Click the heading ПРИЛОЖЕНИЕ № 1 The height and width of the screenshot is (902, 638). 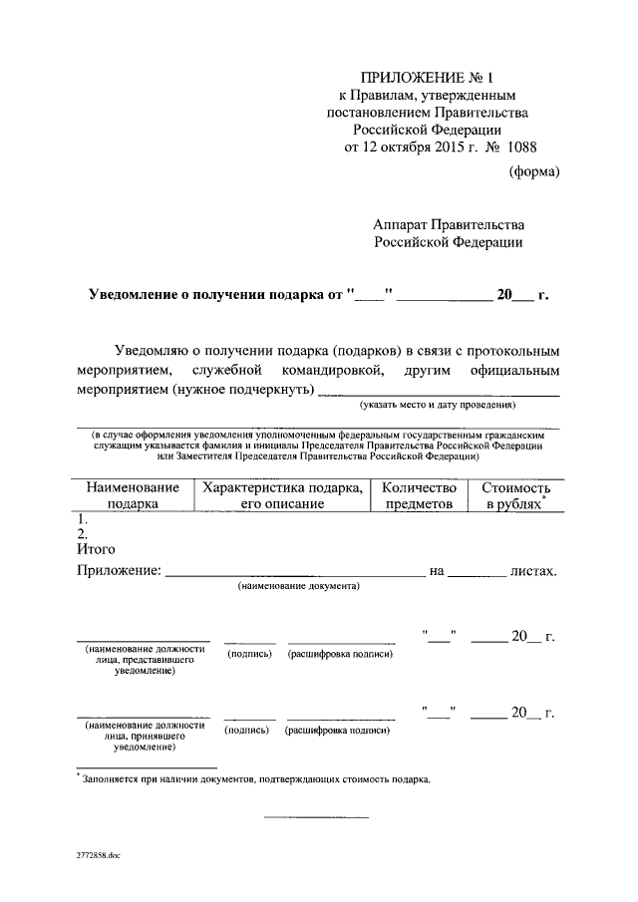(426, 76)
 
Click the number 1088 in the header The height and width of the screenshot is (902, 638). (521, 147)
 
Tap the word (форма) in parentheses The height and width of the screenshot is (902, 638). (534, 171)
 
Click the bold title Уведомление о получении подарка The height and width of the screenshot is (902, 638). (215, 296)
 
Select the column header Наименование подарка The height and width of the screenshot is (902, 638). (133, 495)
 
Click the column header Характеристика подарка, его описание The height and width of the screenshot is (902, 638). (282, 495)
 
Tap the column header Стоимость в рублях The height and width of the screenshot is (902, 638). (514, 495)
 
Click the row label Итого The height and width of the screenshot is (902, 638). (96, 548)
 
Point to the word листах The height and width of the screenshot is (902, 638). (532, 571)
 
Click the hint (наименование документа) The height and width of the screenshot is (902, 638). (298, 588)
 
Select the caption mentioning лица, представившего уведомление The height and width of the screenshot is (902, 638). (145, 660)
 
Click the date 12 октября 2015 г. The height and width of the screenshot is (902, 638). (408, 147)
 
